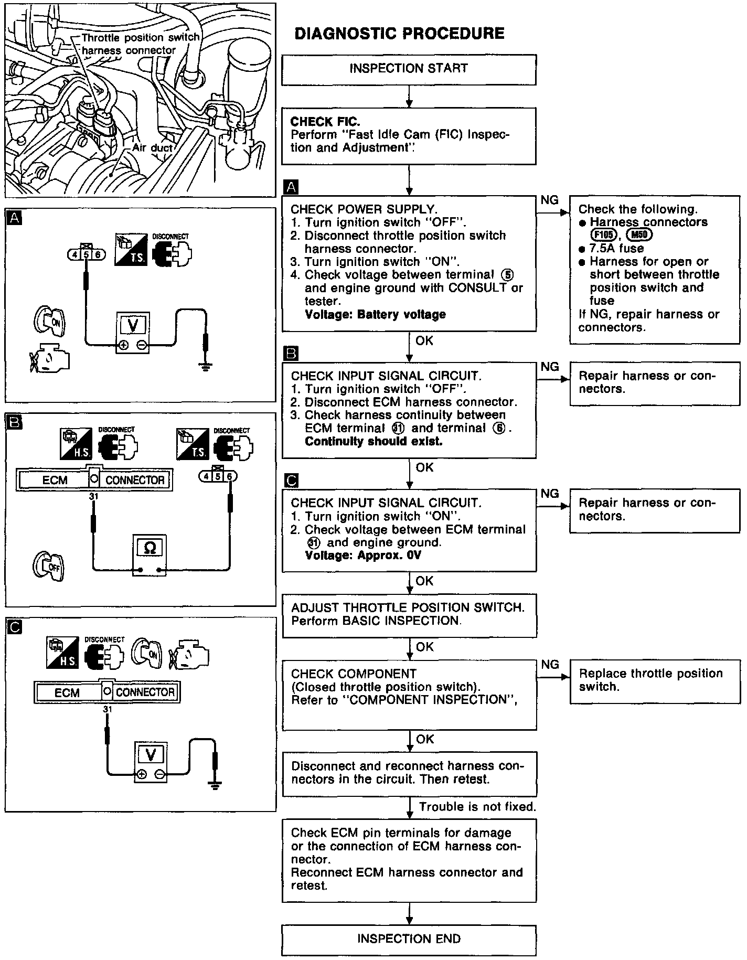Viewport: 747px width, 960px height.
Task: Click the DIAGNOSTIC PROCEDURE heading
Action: tap(399, 34)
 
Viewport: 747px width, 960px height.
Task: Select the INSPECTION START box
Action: tap(409, 69)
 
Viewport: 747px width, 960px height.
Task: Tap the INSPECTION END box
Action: tap(409, 939)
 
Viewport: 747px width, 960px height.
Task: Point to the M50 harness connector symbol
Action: tap(639, 235)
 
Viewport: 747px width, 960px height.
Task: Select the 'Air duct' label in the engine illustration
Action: tap(152, 148)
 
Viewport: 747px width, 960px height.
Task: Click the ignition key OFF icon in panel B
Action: tap(48, 567)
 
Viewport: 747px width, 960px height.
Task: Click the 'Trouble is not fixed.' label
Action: tap(477, 807)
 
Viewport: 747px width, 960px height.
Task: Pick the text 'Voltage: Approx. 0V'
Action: tap(363, 556)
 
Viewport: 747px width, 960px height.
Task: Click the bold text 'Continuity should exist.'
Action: tap(374, 441)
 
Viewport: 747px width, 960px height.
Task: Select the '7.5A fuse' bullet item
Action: tap(616, 248)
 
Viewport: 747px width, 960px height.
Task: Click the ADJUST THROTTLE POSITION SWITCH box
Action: tap(409, 615)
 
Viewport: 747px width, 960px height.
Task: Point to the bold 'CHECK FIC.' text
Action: tap(325, 122)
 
